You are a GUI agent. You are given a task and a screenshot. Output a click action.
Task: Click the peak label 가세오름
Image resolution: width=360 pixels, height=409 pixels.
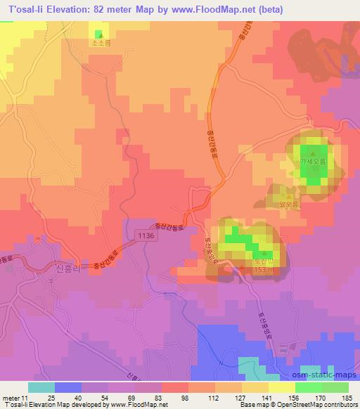314,161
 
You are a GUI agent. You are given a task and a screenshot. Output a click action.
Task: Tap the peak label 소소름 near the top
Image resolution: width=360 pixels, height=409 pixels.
99,41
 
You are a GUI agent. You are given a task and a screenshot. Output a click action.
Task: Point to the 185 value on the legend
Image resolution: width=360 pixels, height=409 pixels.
347,398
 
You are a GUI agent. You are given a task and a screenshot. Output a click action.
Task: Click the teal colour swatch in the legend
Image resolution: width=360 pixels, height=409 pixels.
41,387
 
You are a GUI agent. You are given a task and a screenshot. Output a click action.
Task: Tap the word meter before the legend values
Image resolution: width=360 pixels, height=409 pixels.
9,398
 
